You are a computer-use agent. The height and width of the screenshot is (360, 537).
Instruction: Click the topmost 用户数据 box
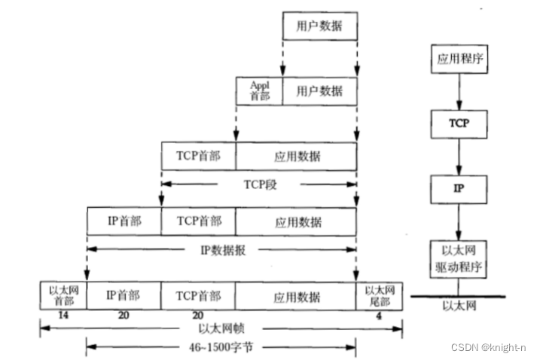(319, 26)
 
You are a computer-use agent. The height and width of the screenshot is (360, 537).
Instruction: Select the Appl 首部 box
(259, 91)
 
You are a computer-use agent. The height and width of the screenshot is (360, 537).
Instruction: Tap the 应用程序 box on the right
(459, 59)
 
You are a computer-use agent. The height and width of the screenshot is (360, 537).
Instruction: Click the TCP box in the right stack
(459, 122)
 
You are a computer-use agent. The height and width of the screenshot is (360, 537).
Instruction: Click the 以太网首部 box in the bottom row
(63, 294)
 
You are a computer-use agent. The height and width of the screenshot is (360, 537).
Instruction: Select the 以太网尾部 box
(379, 294)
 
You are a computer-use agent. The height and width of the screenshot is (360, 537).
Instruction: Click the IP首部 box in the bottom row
(124, 295)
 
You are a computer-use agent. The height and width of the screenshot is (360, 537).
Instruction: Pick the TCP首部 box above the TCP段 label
(199, 156)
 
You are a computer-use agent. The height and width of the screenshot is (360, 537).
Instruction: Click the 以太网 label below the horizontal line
(457, 307)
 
